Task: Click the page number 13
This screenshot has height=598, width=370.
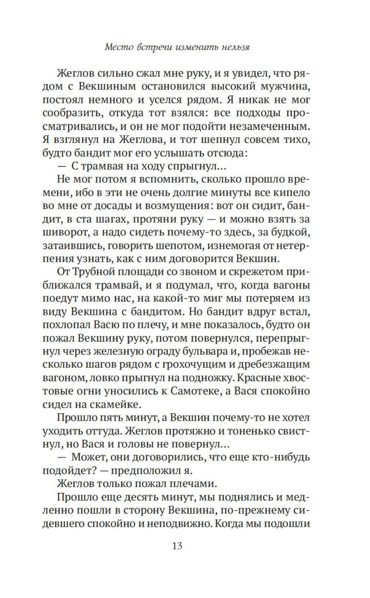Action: pos(177,546)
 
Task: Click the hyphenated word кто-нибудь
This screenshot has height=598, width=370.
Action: pos(281,457)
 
